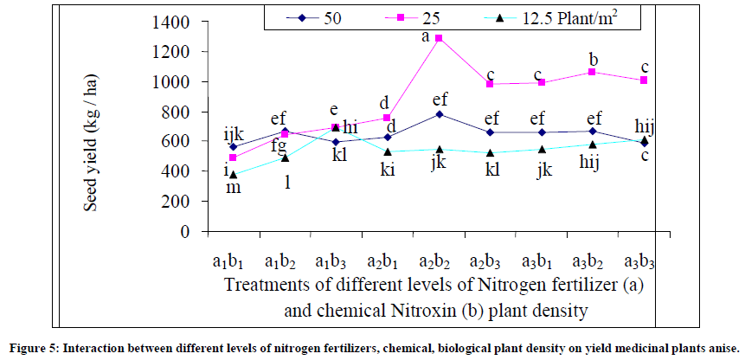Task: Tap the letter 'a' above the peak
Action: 425,36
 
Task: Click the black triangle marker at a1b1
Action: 233,175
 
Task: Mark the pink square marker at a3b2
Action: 593,72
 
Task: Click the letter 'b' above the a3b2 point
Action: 594,59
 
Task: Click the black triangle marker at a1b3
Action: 336,126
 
